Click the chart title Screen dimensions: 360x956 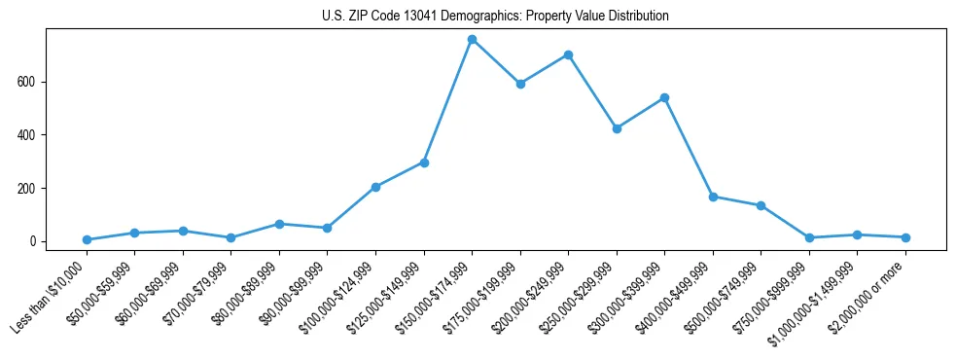click(x=495, y=17)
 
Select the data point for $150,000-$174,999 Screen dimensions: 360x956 click(x=472, y=40)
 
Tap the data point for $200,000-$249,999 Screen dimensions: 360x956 click(x=568, y=54)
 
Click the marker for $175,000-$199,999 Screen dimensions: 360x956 click(x=520, y=84)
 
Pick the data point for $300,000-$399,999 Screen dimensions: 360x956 click(x=664, y=97)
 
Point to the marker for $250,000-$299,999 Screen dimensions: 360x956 click(x=617, y=128)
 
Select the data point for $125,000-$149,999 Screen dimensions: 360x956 click(x=424, y=162)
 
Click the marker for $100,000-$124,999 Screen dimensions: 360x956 click(x=375, y=187)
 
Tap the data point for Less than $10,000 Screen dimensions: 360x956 click(x=87, y=239)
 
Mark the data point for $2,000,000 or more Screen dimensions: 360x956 click(x=905, y=237)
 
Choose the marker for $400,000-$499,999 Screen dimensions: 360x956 click(x=713, y=197)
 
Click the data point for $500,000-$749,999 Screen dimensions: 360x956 click(x=761, y=205)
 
